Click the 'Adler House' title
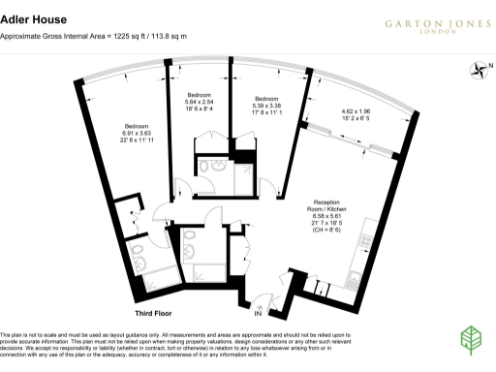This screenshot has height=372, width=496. [x=29, y=16]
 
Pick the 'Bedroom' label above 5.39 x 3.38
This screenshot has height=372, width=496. [x=267, y=99]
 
